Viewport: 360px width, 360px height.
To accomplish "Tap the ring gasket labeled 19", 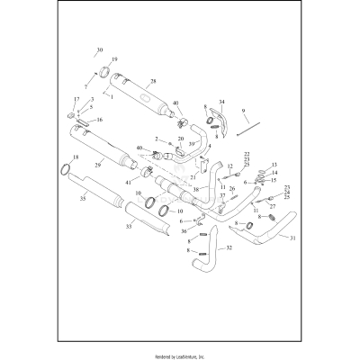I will [103, 70].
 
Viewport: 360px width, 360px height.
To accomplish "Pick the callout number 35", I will [83, 198].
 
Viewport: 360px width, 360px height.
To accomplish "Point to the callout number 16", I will [99, 119].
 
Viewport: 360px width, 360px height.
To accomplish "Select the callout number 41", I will [129, 183].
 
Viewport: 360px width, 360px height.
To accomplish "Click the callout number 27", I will [272, 206].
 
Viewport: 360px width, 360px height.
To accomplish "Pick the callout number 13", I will [274, 165].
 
